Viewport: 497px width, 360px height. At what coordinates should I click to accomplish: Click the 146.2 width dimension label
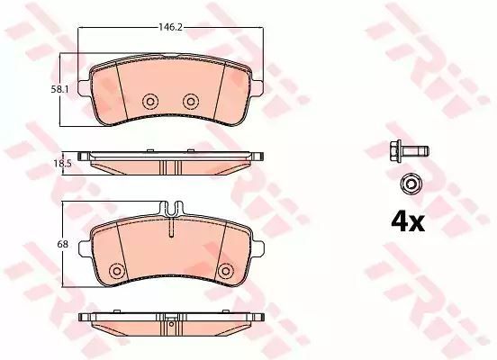[170, 27]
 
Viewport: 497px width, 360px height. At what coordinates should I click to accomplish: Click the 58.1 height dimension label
[59, 90]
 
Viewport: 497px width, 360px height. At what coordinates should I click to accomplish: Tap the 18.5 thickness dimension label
[63, 164]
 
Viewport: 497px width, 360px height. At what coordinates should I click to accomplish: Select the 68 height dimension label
[62, 244]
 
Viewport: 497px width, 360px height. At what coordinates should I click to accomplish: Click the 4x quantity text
[408, 222]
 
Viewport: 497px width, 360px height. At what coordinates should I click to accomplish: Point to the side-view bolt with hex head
[409, 151]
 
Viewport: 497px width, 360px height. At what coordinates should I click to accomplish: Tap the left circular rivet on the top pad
[150, 102]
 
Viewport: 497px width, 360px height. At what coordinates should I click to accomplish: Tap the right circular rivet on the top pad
[191, 102]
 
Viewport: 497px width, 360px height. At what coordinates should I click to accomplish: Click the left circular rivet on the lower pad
[117, 271]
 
